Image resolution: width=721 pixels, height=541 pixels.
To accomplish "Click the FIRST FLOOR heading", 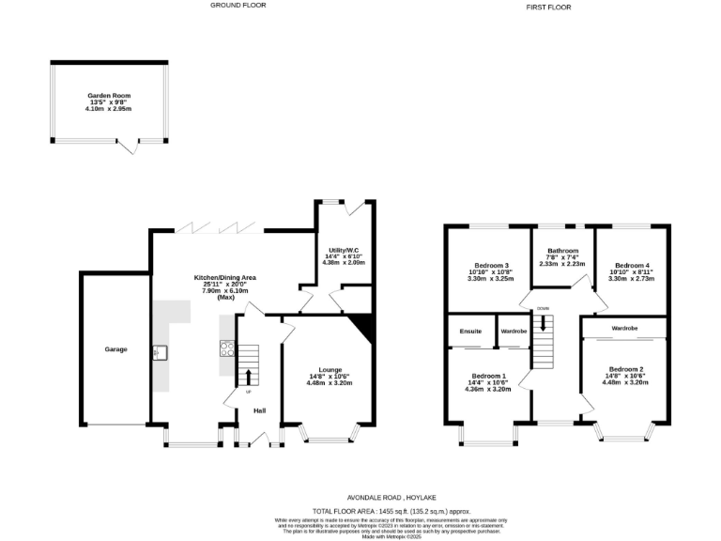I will [548, 7].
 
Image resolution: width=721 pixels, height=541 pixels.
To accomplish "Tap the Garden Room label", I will [108, 96].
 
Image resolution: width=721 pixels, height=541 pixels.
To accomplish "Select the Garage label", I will [115, 349].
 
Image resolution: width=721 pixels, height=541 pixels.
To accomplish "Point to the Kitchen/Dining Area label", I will [225, 278].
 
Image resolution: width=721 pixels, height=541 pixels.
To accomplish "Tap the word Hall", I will [259, 410].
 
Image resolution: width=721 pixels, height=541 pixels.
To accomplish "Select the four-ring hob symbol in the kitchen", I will [226, 349].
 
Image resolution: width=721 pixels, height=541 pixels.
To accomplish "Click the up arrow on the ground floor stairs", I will [248, 377].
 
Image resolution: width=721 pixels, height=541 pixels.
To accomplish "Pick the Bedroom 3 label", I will [490, 266].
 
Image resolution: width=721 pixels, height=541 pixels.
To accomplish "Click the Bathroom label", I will [562, 251].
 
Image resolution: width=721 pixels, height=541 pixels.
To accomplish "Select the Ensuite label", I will [470, 332].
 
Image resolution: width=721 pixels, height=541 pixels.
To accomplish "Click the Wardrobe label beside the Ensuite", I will [514, 332].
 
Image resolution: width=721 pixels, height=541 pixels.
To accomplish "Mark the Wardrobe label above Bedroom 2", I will [624, 328].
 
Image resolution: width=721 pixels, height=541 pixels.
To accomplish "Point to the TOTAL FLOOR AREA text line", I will [390, 510].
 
